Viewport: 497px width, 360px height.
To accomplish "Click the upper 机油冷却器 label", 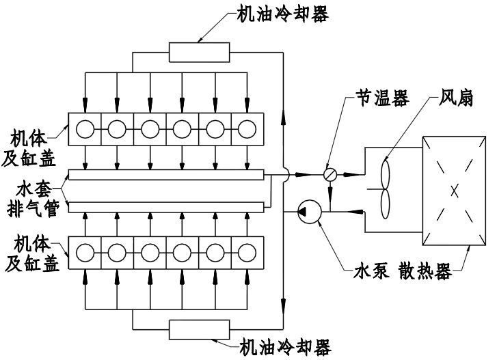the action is coord(283,14).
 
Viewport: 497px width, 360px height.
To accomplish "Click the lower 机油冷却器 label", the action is coord(285,347).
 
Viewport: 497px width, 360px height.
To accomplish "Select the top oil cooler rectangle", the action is coord(200,52).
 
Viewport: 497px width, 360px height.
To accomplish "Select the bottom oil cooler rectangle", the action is coord(200,330).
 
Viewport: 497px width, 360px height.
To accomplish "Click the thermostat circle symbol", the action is coord(330,175).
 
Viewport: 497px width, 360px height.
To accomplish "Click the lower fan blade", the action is coord(386,204).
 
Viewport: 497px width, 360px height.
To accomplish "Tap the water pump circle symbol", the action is coord(310,211).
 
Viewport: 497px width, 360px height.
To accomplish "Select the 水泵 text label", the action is coord(371,272).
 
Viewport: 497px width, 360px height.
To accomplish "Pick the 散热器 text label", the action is coord(425,272).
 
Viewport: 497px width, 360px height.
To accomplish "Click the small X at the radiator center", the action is coord(454,191).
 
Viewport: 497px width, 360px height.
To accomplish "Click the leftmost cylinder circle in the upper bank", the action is coord(85,129).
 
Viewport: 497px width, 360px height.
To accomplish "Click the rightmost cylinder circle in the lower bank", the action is coord(247,253).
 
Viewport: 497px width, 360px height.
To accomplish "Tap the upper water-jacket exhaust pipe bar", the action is coord(166,175).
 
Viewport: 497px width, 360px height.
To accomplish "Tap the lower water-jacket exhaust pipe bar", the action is coord(166,207).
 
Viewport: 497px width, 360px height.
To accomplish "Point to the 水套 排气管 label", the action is coord(33,199).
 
